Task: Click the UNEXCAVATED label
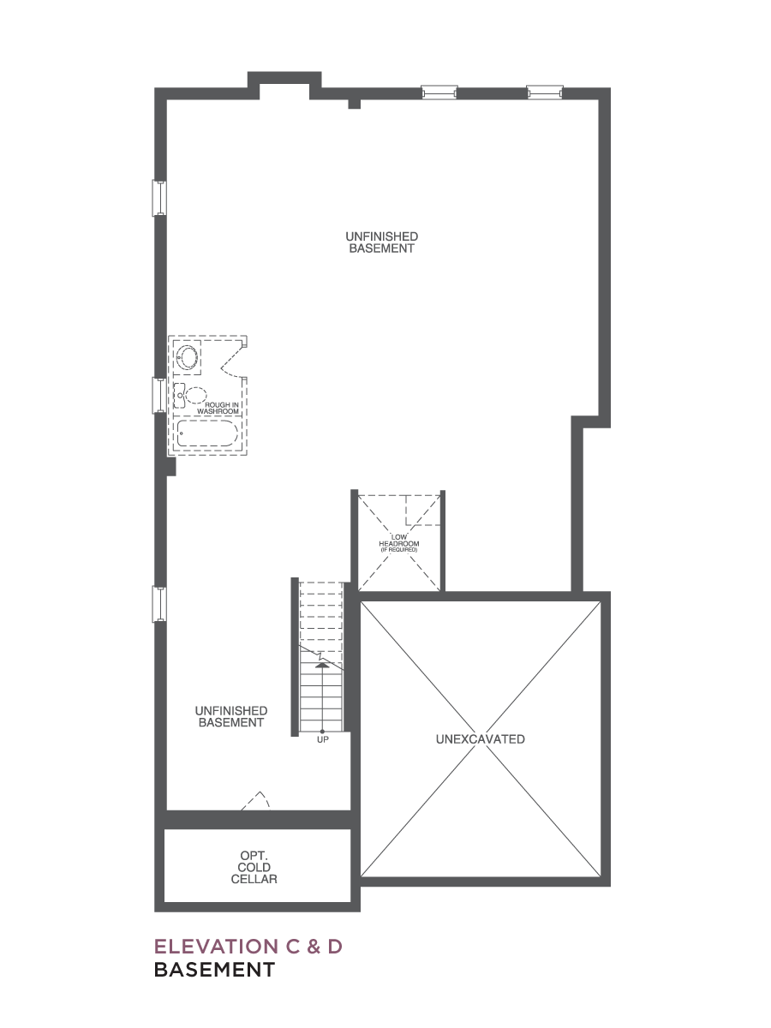pyautogui.click(x=480, y=739)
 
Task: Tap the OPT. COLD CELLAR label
pyautogui.click(x=254, y=867)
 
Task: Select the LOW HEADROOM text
pyautogui.click(x=399, y=541)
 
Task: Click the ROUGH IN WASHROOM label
pyautogui.click(x=218, y=408)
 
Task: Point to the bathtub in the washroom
pyautogui.click(x=207, y=433)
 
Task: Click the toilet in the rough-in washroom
pyautogui.click(x=190, y=396)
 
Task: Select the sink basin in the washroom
pyautogui.click(x=188, y=357)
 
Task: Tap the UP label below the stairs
pyautogui.click(x=323, y=739)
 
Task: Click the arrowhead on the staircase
pyautogui.click(x=321, y=665)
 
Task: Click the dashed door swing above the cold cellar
pyautogui.click(x=256, y=801)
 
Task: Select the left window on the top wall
pyautogui.click(x=439, y=92)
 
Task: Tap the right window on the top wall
pyautogui.click(x=545, y=92)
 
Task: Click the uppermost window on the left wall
pyautogui.click(x=159, y=198)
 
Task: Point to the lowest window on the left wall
pyautogui.click(x=159, y=604)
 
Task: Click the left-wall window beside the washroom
pyautogui.click(x=159, y=395)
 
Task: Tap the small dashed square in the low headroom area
pyautogui.click(x=422, y=510)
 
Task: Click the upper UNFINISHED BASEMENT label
pyautogui.click(x=381, y=242)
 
